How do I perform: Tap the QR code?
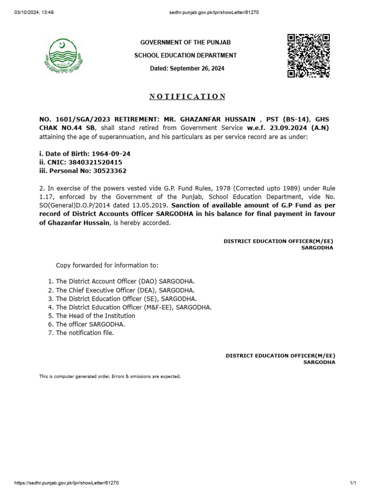pyautogui.click(x=309, y=56)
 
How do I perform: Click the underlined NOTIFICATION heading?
pyautogui.click(x=187, y=96)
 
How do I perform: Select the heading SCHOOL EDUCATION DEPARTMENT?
pyautogui.click(x=185, y=56)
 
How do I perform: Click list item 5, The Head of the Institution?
pyautogui.click(x=95, y=316)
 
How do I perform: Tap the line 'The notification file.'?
pyautogui.click(x=85, y=333)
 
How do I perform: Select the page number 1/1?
pyautogui.click(x=353, y=483)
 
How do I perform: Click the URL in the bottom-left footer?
pyautogui.click(x=67, y=483)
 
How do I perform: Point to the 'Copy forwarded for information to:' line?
pyautogui.click(x=107, y=265)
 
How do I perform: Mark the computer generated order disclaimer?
pyautogui.click(x=110, y=376)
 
